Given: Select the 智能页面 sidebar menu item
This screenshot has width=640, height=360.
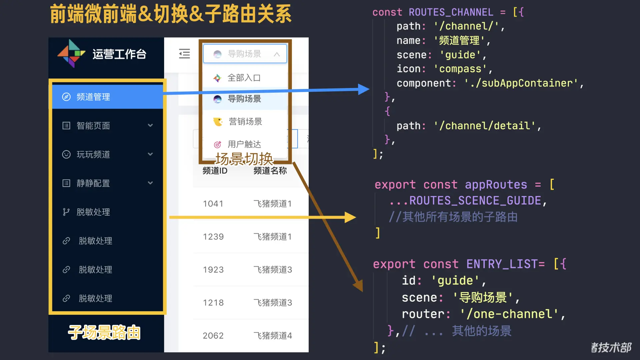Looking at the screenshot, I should click(x=93, y=126).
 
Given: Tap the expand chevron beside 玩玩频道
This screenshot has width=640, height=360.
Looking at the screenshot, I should click(x=150, y=154).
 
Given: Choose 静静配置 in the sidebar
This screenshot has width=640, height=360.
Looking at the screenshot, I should click(x=93, y=183).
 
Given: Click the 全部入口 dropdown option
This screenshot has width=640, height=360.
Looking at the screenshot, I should click(x=244, y=78).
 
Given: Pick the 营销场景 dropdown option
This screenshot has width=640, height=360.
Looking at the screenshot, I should click(x=245, y=122).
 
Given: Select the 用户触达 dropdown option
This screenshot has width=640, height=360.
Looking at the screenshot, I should click(x=244, y=144).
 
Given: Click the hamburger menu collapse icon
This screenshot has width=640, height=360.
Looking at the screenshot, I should click(x=184, y=54).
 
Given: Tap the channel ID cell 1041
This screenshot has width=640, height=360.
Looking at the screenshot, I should click(x=213, y=204).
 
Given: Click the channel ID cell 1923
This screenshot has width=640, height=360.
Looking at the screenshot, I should click(x=213, y=270).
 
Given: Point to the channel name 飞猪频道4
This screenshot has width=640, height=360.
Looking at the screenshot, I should click(x=273, y=336).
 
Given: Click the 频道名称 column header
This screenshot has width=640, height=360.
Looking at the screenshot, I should click(x=270, y=171).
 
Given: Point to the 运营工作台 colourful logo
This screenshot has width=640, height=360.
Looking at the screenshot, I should click(x=71, y=53).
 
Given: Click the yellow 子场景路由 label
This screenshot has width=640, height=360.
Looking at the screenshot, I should click(x=104, y=332).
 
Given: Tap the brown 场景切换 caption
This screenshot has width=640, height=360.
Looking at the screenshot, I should click(x=244, y=159).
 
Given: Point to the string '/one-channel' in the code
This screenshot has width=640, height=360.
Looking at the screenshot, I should click(x=509, y=314).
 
